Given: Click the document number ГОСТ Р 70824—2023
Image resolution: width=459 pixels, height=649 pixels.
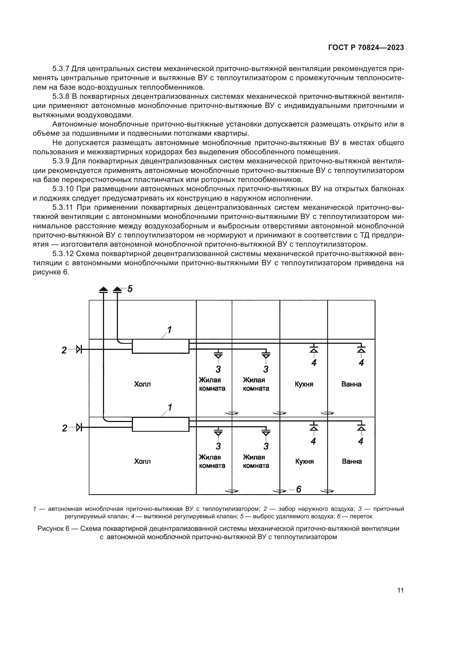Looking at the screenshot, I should tap(366, 47).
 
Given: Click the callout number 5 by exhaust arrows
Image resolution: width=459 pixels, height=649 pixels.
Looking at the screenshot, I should tap(130, 289).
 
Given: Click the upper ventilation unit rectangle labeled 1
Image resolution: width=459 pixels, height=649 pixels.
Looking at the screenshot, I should tap(160, 346).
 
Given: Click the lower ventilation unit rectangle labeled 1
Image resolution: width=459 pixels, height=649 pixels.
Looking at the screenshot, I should tap(160, 424).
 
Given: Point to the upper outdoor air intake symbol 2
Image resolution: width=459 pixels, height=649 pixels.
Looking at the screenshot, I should tap(79, 350).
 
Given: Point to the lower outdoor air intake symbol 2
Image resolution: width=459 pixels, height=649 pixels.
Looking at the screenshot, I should tap(79, 427).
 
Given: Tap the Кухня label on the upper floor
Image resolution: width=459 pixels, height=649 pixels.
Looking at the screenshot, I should tap(304, 384).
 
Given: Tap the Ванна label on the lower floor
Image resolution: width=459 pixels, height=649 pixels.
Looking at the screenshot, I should tap(352, 462).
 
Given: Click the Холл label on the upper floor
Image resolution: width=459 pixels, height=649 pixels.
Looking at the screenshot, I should tap(142, 384).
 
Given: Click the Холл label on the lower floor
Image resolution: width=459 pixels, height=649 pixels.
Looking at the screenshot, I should tap(142, 462).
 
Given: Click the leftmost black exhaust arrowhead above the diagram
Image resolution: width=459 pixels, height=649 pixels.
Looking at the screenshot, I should tap(104, 289).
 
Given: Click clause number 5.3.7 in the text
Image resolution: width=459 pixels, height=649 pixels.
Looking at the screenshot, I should tap(61, 69).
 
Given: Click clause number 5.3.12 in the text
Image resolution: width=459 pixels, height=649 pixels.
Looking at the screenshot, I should tap(63, 254).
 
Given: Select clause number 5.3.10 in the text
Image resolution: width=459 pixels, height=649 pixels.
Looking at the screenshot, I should tap(63, 189).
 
